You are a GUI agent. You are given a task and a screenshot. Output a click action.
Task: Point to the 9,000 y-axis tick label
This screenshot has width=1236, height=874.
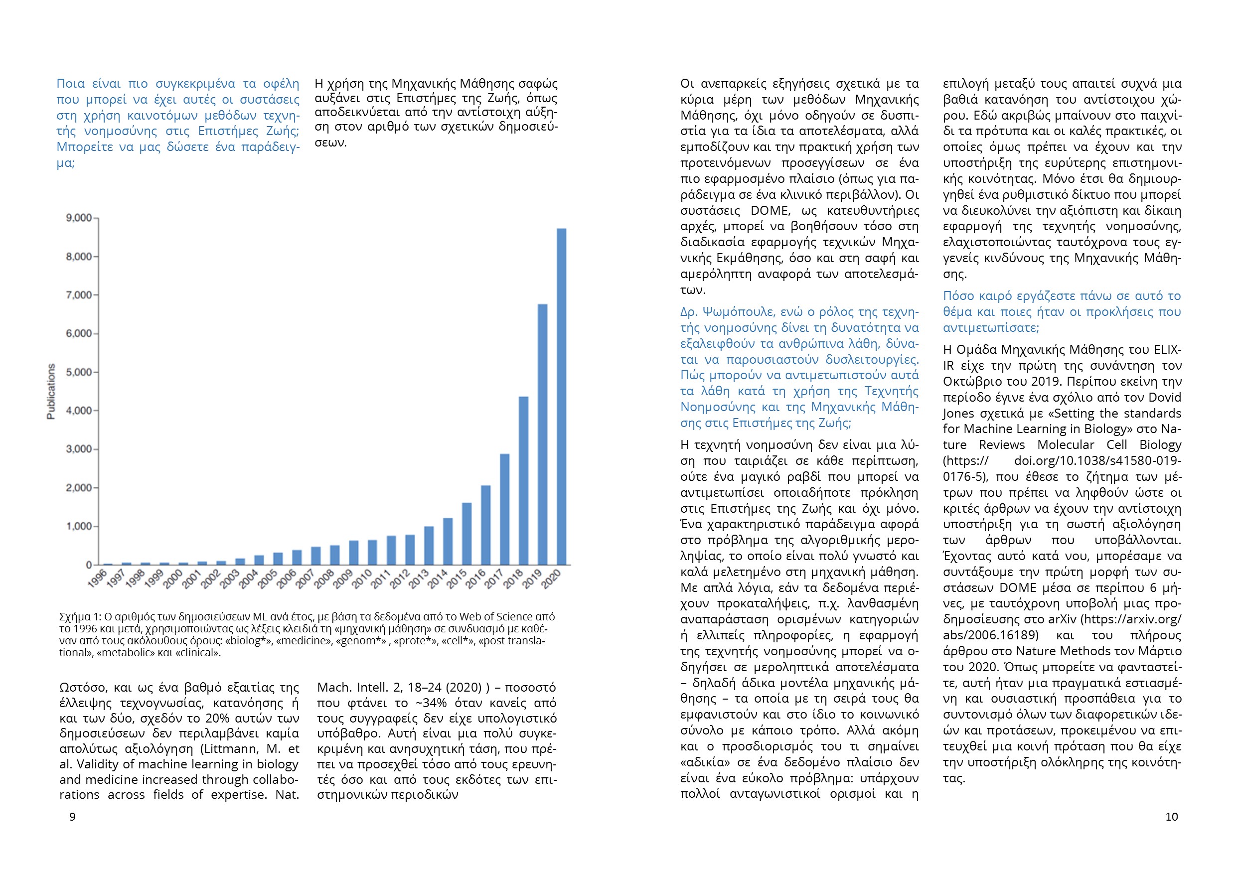79,218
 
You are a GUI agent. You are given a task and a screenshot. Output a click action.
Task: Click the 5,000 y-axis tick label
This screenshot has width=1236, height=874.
79,372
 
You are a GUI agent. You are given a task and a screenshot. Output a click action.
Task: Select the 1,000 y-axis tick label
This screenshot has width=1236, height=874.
79,526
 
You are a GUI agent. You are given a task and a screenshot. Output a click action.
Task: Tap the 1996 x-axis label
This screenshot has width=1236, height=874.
97,579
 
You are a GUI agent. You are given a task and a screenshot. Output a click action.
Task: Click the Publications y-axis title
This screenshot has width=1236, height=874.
51,391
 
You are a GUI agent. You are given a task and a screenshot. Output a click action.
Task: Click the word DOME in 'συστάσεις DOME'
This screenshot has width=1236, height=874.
770,210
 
